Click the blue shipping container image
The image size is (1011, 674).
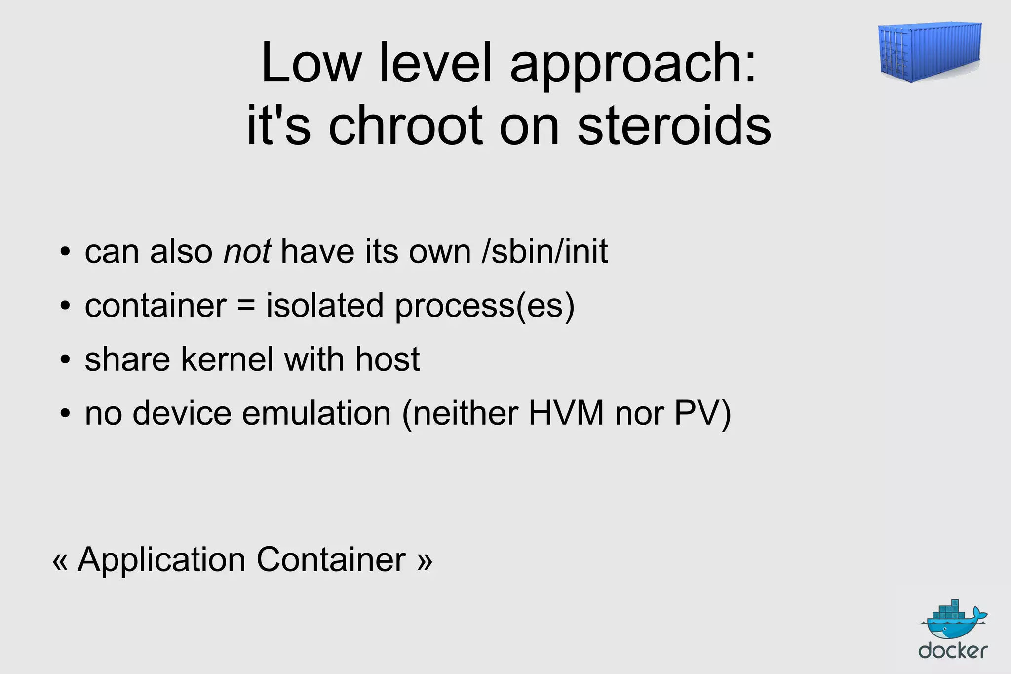[930, 51]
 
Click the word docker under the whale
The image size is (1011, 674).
[953, 651]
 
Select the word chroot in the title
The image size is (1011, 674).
[405, 125]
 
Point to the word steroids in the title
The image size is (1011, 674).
[674, 125]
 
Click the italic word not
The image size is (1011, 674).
[247, 252]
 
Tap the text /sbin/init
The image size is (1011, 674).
[544, 252]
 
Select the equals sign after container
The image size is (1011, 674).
[246, 306]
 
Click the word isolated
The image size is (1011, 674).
[325, 306]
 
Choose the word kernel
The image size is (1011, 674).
[227, 359]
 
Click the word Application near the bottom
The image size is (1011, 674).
[161, 560]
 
